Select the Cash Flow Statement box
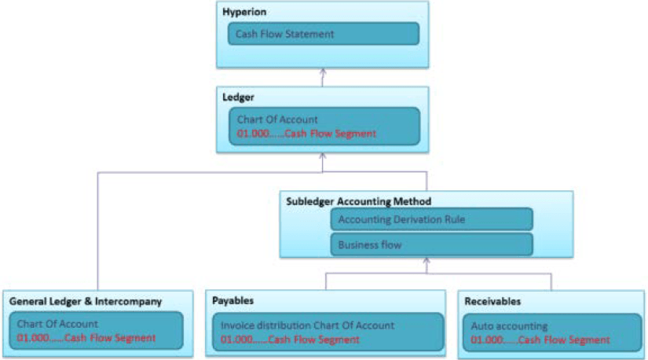323,34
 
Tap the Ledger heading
239,97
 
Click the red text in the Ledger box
306,134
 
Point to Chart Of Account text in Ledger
277,119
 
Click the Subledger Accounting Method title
359,201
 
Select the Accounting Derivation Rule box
431,219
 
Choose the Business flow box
431,244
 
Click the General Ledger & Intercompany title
86,301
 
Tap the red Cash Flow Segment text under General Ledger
86,338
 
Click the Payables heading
233,301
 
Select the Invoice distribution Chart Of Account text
307,325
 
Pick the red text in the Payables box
290,340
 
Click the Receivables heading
492,301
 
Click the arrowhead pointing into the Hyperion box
322,72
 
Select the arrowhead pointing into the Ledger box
322,157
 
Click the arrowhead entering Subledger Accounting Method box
427,263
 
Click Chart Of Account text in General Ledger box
57,323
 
